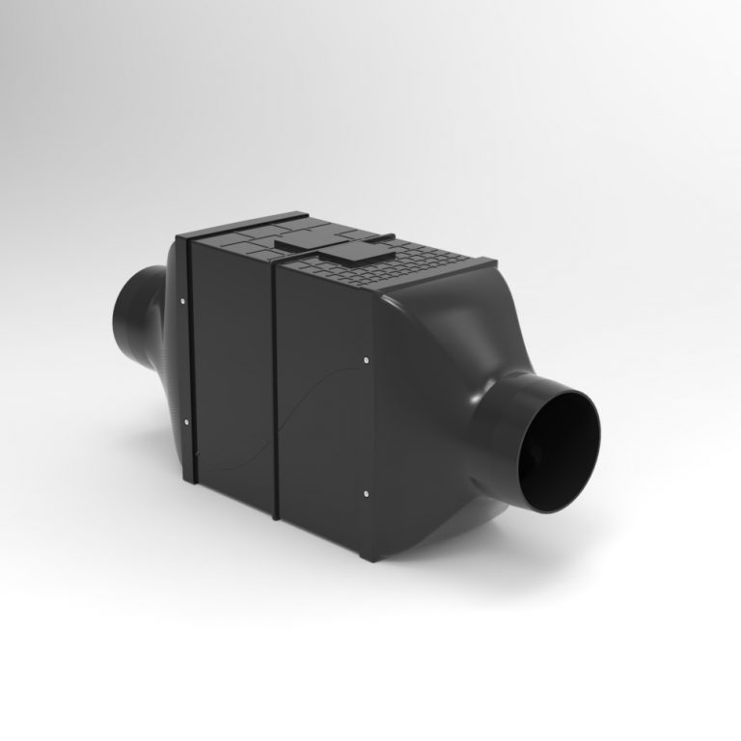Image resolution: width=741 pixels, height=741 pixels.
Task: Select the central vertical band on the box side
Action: pos(273,386)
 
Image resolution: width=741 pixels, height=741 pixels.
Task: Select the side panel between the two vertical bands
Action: pos(232,367)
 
